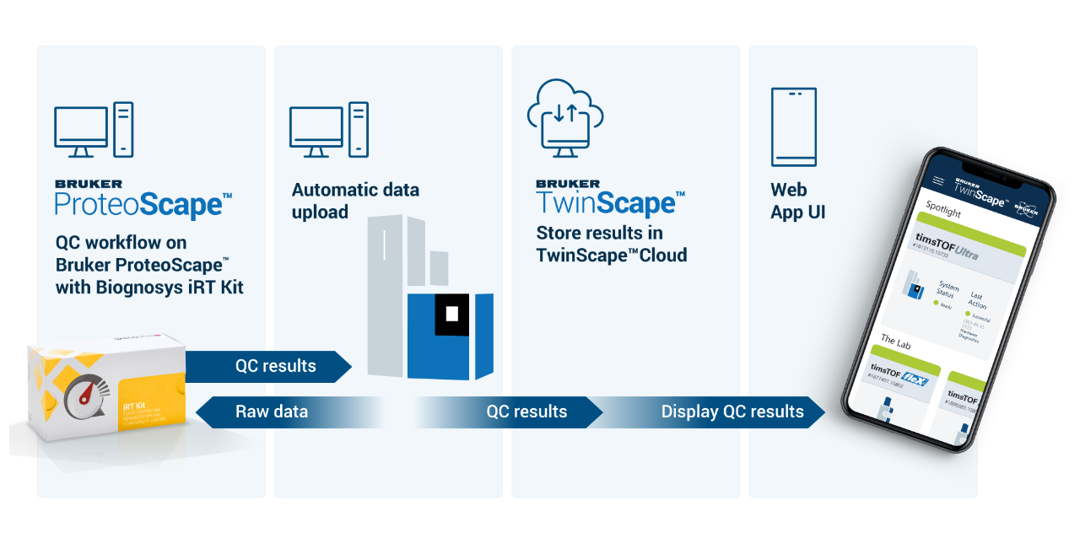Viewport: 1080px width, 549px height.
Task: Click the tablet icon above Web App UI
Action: pos(793,127)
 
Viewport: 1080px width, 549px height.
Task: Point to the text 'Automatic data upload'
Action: pos(355,201)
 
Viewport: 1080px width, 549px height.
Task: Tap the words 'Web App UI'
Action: pos(797,201)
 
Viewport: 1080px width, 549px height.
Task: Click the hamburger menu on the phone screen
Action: pos(938,181)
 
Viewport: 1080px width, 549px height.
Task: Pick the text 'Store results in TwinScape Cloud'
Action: pos(611,243)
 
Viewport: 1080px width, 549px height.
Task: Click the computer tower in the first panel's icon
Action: pos(123,129)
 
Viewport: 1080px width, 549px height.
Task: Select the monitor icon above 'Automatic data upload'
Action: pos(316,131)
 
